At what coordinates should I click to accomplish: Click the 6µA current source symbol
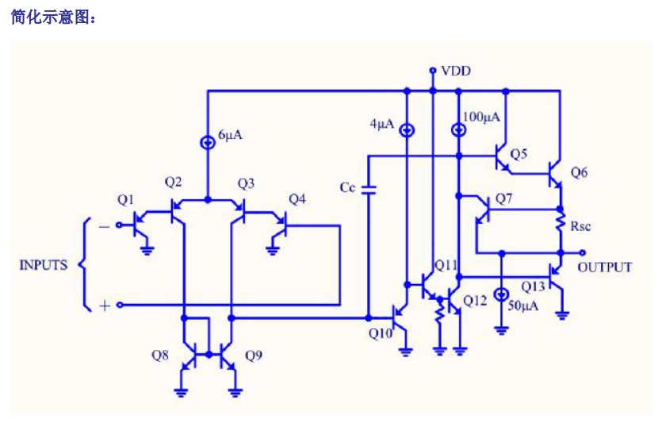tap(207, 143)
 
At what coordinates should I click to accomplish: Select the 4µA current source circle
tap(407, 130)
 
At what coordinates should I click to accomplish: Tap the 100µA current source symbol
tap(459, 130)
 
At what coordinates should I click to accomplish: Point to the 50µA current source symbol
tap(502, 294)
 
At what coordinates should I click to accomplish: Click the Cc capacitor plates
tap(369, 190)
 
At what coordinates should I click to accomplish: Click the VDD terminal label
tap(456, 71)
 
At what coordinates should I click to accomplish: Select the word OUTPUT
tap(605, 267)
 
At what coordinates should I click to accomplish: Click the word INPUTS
tap(44, 265)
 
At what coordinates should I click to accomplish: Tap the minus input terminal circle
tap(119, 225)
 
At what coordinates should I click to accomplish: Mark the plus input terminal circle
tap(120, 305)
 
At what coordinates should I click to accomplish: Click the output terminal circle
tap(582, 253)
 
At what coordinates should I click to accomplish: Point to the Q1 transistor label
tap(125, 199)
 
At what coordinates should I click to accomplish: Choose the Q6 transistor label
tap(579, 172)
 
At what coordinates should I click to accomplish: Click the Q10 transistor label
tap(381, 333)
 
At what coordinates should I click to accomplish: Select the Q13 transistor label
tap(533, 286)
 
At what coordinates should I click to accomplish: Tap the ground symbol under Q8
tap(181, 392)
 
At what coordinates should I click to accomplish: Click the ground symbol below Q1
tap(147, 251)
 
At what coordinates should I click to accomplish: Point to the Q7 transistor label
tap(503, 198)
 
